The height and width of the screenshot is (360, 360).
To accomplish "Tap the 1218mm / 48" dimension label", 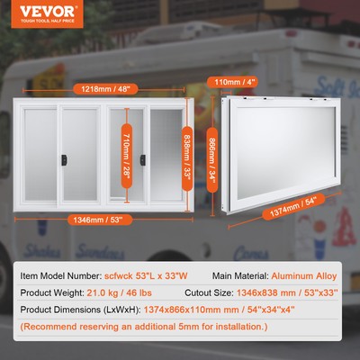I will [97, 89].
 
